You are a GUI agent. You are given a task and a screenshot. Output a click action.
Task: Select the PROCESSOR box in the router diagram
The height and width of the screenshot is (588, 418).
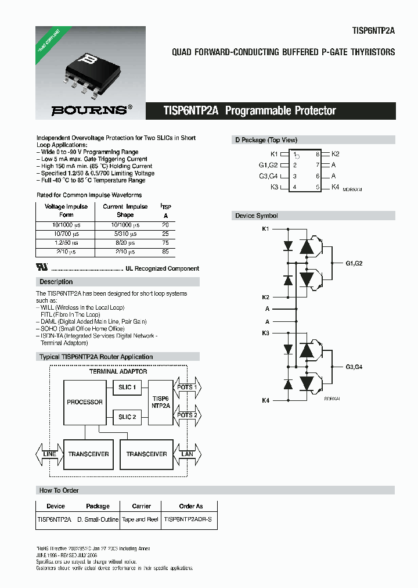(85, 402)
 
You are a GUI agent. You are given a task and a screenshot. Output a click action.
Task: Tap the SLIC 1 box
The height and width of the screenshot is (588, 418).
(127, 387)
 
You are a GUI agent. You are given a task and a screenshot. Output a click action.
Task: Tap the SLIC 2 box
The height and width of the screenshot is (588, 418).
(127, 417)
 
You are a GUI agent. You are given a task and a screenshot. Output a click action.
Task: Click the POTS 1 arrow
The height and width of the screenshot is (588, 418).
(186, 387)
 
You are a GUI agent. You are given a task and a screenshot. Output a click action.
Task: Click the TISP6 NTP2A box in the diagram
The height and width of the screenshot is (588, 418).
(161, 402)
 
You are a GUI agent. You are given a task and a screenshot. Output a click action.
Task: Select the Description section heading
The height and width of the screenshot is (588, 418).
(56, 282)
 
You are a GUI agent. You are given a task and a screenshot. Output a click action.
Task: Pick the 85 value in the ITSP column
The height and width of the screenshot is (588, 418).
(165, 252)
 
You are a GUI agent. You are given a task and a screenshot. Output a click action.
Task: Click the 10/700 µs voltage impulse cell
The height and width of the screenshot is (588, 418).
(66, 234)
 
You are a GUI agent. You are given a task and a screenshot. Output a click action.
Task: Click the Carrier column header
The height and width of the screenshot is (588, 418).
(141, 506)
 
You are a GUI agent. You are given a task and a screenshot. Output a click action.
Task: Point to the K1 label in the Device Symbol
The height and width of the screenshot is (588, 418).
(265, 229)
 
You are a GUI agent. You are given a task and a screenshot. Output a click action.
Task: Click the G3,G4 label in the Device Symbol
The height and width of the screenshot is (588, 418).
(354, 367)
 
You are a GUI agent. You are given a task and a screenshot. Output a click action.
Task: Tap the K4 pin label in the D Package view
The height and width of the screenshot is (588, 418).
(335, 187)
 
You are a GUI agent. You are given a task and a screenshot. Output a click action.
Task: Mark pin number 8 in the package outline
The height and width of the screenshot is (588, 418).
(318, 155)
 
